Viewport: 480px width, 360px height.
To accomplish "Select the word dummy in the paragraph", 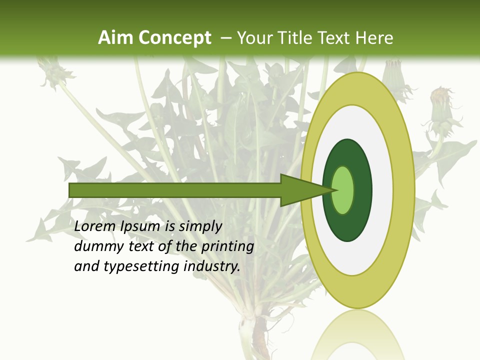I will [x=97, y=246].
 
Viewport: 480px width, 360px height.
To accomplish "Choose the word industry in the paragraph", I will [x=212, y=266].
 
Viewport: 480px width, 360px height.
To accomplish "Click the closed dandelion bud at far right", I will [x=440, y=107].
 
